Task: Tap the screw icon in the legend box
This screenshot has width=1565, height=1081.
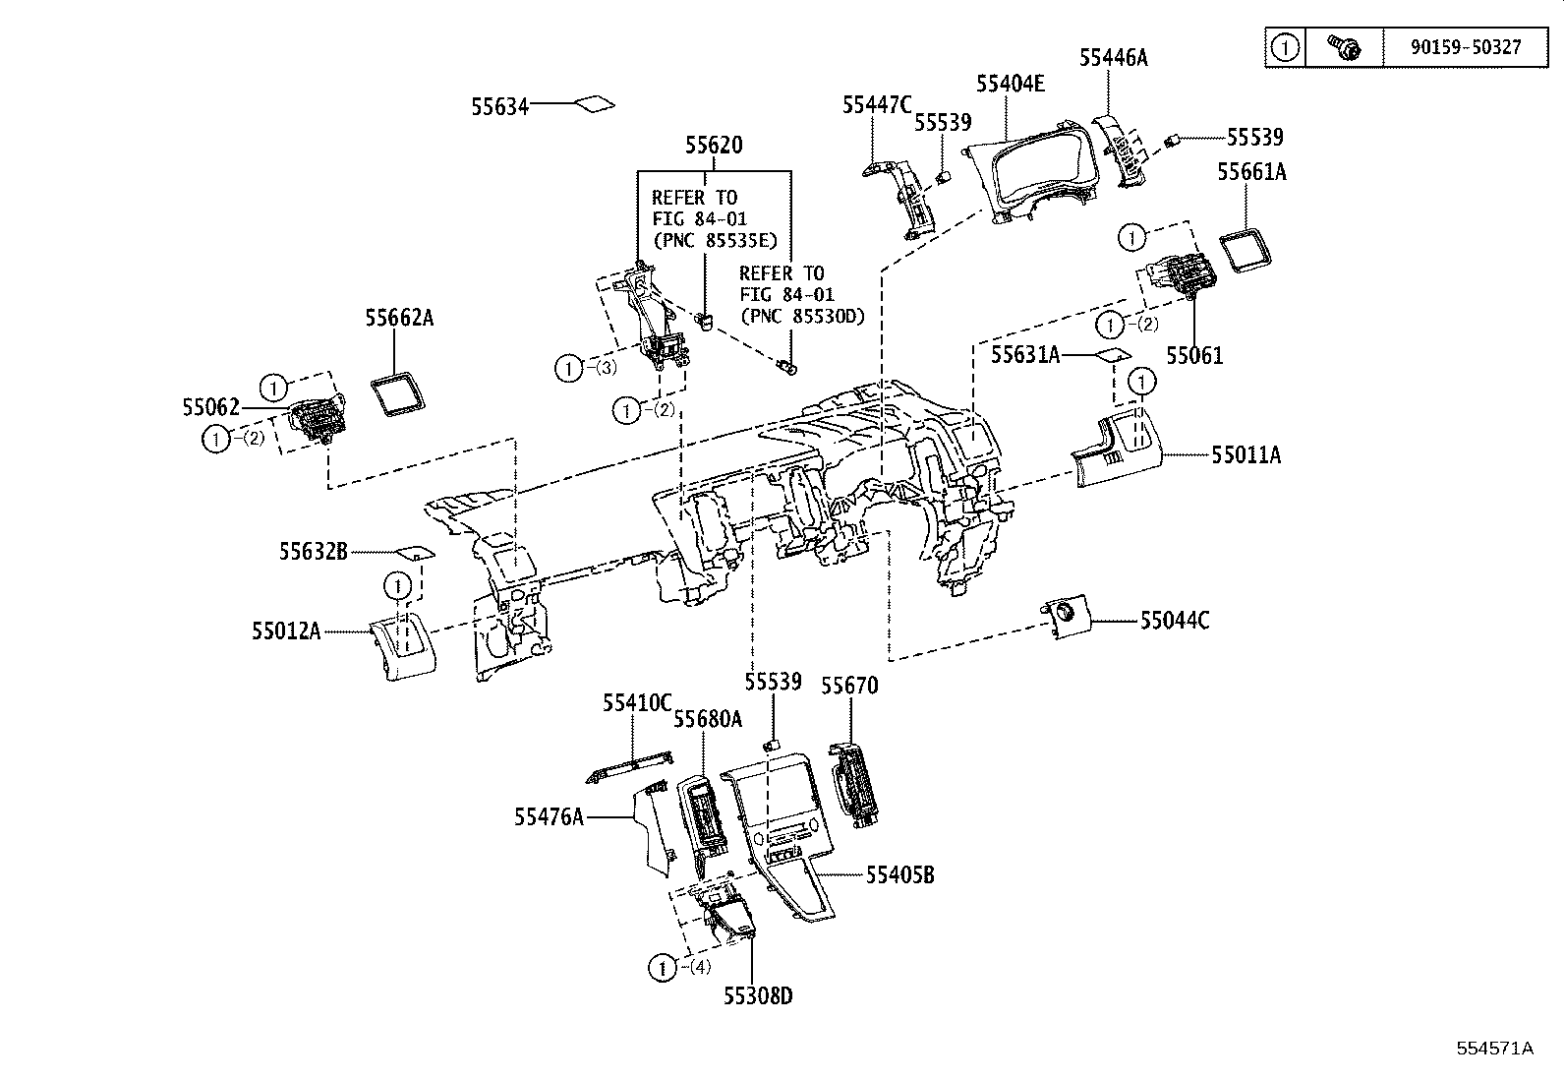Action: click(x=1344, y=46)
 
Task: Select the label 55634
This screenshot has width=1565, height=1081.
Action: click(x=499, y=106)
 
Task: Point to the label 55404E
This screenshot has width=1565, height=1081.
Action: click(x=1010, y=84)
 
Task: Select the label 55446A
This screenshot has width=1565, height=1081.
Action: click(x=1113, y=58)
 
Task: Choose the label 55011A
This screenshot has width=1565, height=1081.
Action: click(x=1246, y=455)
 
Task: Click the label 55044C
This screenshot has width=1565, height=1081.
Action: click(x=1175, y=621)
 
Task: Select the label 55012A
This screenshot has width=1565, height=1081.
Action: click(x=286, y=631)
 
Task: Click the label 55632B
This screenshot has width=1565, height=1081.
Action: click(x=314, y=552)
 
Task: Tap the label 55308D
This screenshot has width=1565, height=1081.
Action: click(x=757, y=996)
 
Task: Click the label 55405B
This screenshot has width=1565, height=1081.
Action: click(x=899, y=874)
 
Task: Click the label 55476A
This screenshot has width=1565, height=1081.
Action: click(x=549, y=816)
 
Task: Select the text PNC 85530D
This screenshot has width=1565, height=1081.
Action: click(x=800, y=316)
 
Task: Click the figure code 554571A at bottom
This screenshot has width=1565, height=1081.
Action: click(x=1494, y=1048)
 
